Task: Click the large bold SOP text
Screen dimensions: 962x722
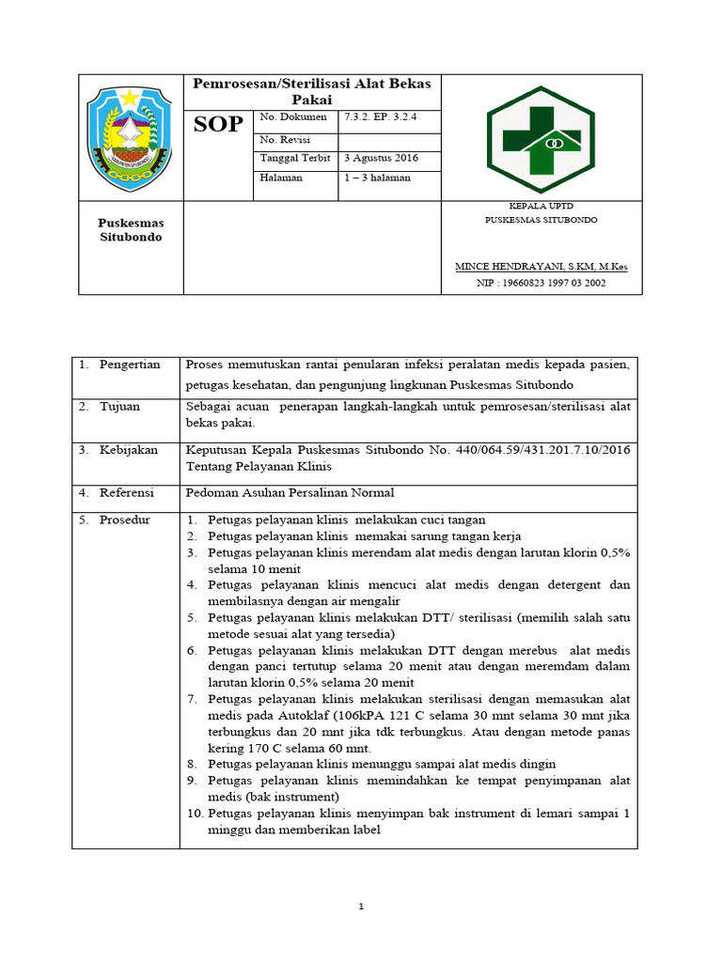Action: coord(218,125)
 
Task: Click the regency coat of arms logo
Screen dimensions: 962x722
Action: coord(130,138)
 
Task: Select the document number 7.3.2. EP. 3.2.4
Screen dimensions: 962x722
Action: coord(380,117)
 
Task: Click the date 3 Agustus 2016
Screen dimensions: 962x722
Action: coord(382,158)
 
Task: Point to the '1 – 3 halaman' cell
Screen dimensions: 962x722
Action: coord(376,178)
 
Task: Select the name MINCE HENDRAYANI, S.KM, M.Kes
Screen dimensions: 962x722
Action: coord(541,267)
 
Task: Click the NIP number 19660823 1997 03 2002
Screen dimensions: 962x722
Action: coord(541,283)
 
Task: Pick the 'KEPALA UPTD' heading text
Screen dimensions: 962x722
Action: coord(541,206)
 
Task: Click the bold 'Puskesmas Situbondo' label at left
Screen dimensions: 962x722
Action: coord(131,230)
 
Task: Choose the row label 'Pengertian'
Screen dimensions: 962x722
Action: coord(131,365)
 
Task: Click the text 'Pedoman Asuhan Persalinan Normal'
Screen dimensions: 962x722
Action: coord(290,492)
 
